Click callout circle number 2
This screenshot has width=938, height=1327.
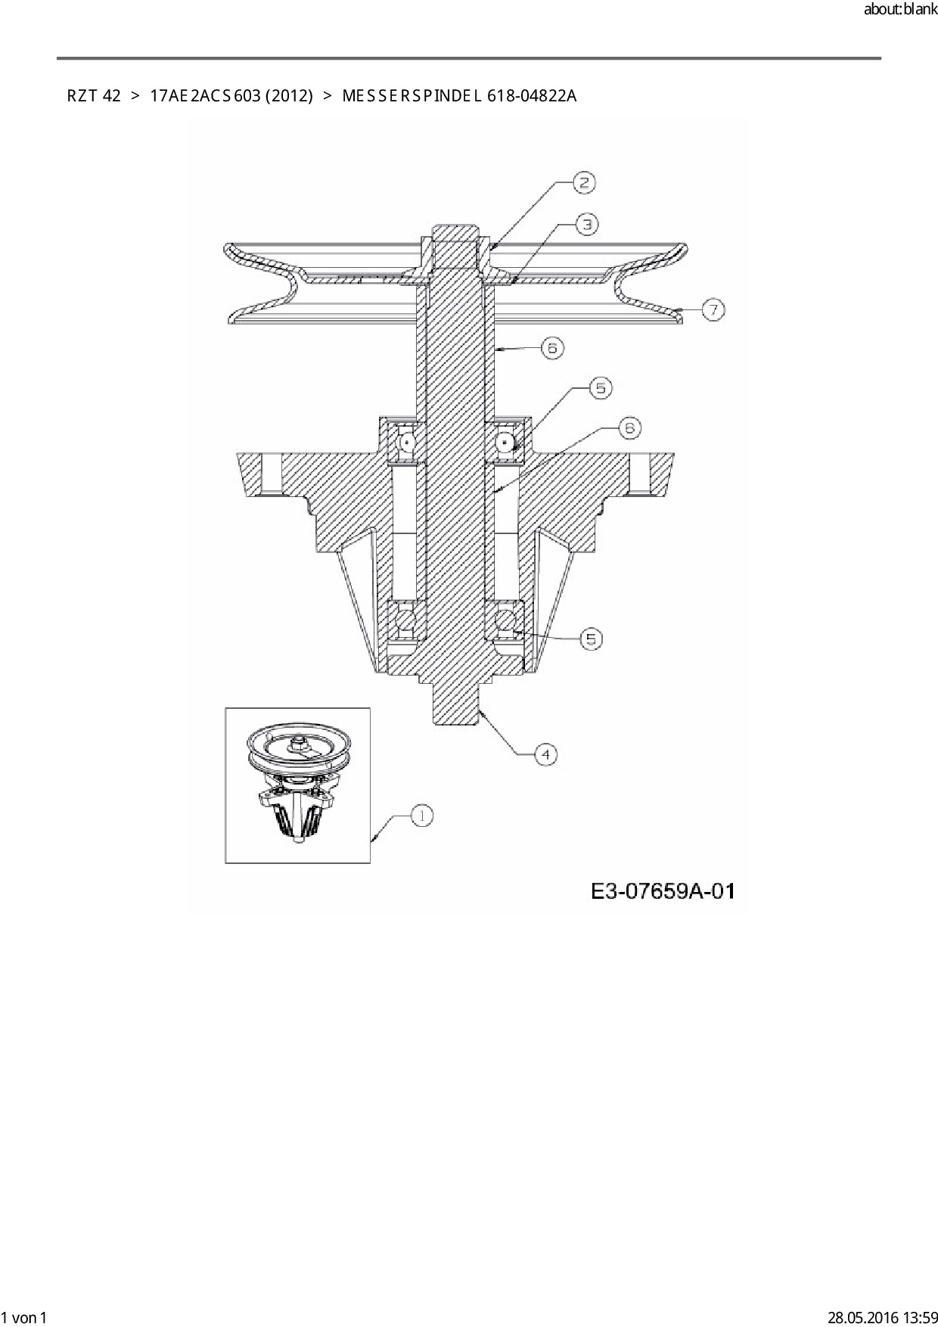pyautogui.click(x=584, y=182)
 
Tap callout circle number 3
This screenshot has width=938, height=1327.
pyautogui.click(x=587, y=224)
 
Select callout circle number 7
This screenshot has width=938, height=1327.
pyautogui.click(x=713, y=309)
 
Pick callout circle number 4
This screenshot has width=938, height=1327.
pyautogui.click(x=545, y=754)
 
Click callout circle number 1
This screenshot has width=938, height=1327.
pyautogui.click(x=421, y=816)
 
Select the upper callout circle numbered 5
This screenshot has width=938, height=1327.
pyautogui.click(x=601, y=388)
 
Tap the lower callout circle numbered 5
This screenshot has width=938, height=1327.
pyautogui.click(x=591, y=639)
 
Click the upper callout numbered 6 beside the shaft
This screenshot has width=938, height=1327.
pyautogui.click(x=552, y=348)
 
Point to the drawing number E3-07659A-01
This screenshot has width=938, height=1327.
pyautogui.click(x=663, y=891)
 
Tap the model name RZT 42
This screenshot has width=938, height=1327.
pyautogui.click(x=94, y=96)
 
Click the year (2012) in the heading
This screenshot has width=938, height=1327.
pyautogui.click(x=289, y=96)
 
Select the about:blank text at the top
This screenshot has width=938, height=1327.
pyautogui.click(x=900, y=11)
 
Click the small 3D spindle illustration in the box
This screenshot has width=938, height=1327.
pyautogui.click(x=297, y=785)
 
